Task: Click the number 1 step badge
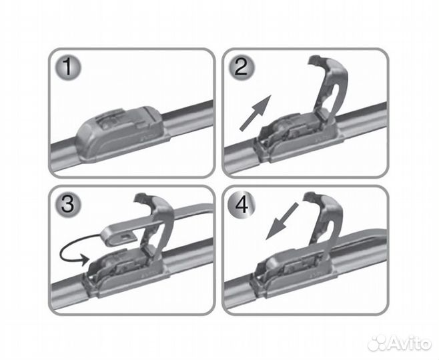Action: point(67,67)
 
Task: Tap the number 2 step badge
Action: point(241,67)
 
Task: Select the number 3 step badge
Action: point(67,204)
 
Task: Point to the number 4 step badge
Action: point(241,204)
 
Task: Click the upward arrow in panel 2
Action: point(256,113)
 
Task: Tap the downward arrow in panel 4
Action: point(282,221)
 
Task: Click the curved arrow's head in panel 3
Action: point(84,259)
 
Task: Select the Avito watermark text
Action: point(410,343)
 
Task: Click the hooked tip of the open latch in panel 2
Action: point(314,61)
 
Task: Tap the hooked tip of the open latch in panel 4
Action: point(310,197)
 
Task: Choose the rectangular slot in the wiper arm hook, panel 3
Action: point(127,237)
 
